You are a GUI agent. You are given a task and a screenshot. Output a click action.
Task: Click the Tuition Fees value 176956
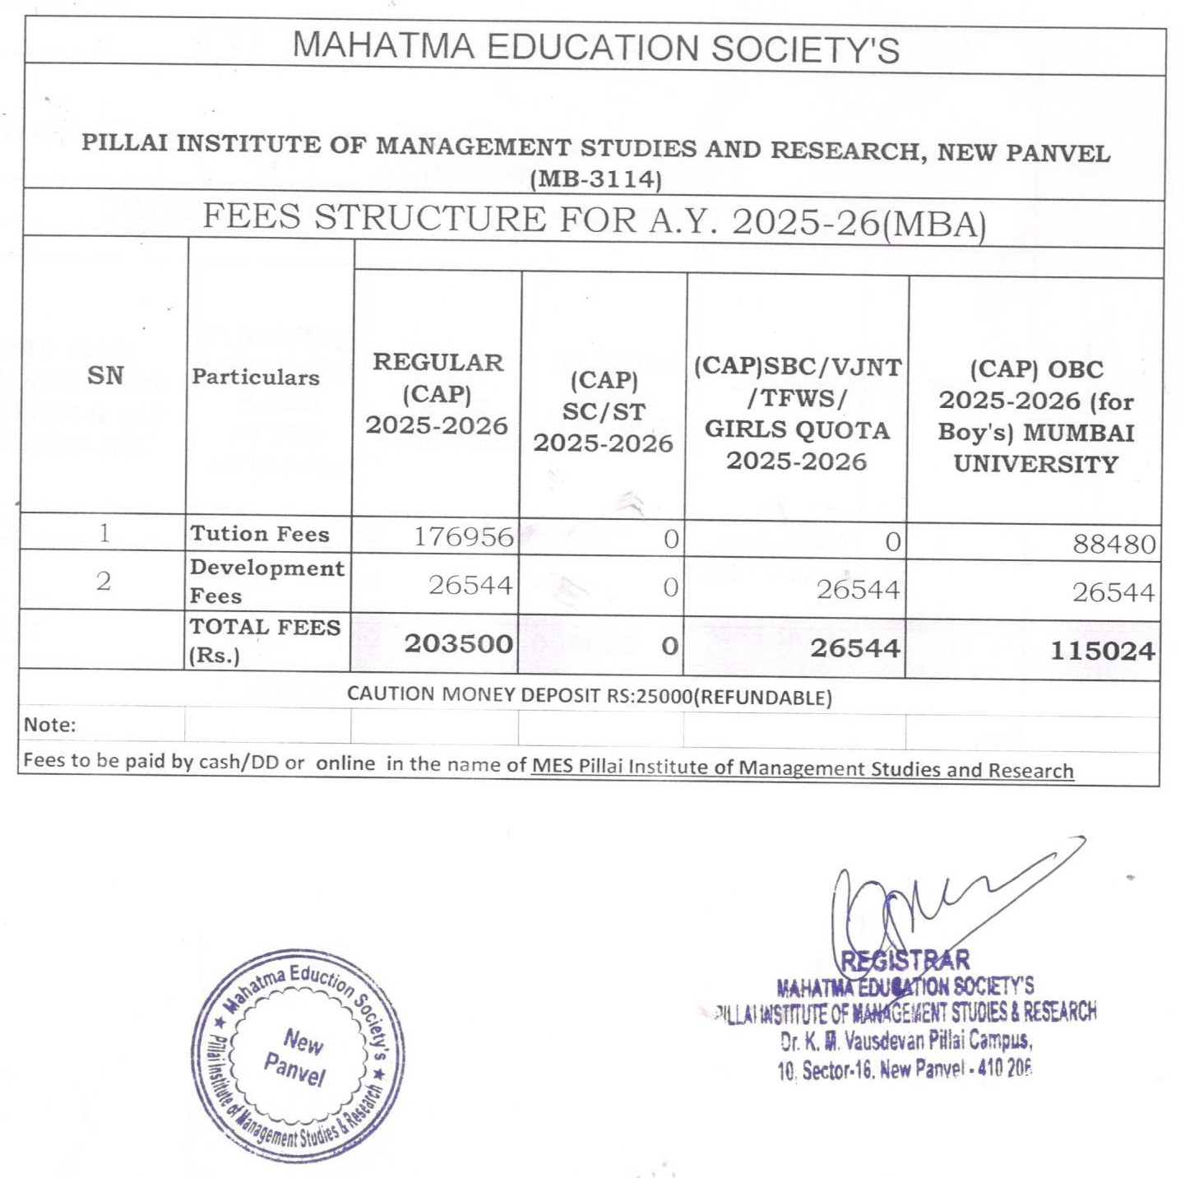pos(463,536)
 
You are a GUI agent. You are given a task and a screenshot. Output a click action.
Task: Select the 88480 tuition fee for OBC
pos(1113,544)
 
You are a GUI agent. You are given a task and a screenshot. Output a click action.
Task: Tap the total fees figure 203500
pos(458,643)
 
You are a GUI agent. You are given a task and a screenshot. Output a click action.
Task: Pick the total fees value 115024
pos(1102,652)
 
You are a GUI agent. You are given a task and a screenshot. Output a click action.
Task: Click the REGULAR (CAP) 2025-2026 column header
pos(437,394)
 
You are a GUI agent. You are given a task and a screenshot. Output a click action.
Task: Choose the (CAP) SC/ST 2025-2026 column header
pos(603,411)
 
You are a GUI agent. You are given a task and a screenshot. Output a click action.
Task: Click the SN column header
pos(105,376)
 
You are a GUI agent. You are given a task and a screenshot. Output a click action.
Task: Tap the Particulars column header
pos(256,377)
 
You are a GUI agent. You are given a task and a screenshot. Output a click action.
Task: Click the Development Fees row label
pos(266,581)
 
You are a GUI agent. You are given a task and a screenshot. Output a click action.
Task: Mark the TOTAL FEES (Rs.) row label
pos(265,641)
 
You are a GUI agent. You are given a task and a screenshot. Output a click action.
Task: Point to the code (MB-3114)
pos(595,179)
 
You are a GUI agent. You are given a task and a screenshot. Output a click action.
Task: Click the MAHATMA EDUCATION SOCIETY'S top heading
pos(595,47)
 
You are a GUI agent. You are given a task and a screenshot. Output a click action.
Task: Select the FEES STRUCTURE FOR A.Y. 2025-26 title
pos(594,220)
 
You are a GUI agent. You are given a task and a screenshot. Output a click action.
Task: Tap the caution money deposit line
pos(589,696)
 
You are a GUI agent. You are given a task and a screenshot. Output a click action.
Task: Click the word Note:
pos(49,725)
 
